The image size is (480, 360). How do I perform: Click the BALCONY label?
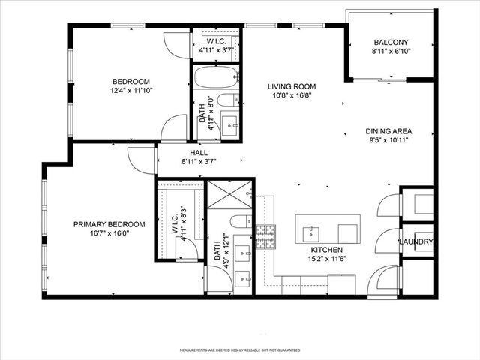[391, 43]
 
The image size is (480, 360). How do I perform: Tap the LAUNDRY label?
[415, 241]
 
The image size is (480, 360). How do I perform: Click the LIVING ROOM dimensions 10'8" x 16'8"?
[289, 96]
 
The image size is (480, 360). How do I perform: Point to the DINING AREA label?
[388, 130]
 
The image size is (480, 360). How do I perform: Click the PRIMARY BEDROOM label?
[109, 224]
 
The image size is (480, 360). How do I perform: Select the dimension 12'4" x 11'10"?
[131, 91]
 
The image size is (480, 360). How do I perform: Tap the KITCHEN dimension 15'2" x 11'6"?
[327, 259]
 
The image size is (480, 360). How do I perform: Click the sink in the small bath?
[231, 124]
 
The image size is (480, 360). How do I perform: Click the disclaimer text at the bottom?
[240, 350]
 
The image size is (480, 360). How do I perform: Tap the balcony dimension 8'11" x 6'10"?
[391, 52]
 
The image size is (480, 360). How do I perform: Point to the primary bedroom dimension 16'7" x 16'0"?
[109, 234]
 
